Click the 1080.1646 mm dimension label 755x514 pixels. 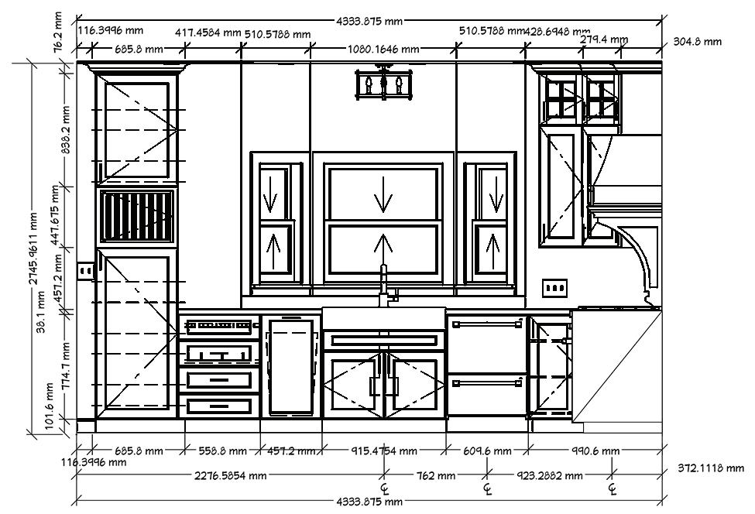tap(383, 49)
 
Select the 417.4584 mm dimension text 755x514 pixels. tap(208, 33)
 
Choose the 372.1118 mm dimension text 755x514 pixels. tap(710, 468)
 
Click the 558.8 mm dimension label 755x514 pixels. tap(223, 451)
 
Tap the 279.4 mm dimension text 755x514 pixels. tap(604, 39)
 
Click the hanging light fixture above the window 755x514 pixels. tap(383, 84)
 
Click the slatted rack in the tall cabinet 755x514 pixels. tap(137, 218)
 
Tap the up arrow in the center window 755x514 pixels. tap(383, 248)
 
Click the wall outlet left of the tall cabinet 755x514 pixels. tap(85, 270)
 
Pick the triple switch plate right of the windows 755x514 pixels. tap(554, 288)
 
